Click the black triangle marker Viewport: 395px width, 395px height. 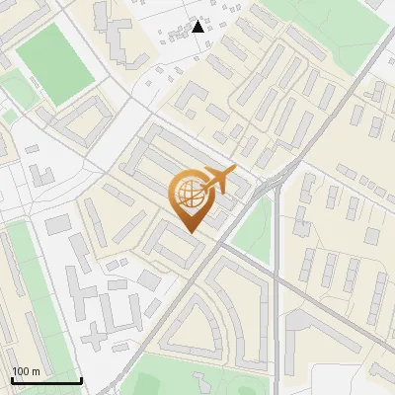point(198,27)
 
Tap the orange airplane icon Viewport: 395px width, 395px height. point(217,180)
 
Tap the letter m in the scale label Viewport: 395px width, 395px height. point(37,371)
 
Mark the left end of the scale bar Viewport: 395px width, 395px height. point(12,381)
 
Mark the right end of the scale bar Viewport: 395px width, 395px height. point(81,381)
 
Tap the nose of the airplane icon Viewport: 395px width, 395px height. point(235,171)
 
